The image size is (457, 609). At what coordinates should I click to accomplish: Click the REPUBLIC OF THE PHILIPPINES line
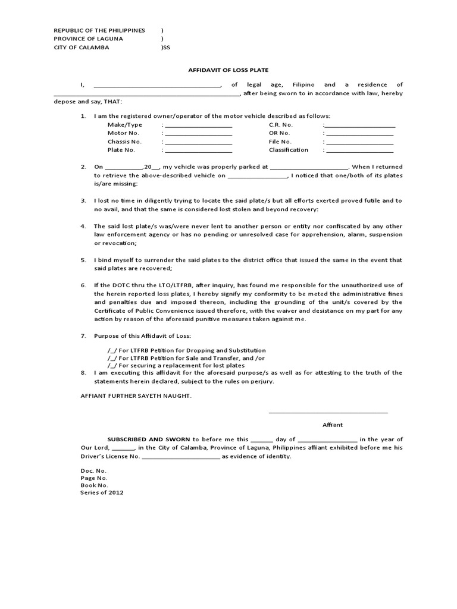pyautogui.click(x=99, y=30)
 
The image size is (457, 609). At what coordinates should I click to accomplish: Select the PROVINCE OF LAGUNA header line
pyautogui.click(x=89, y=39)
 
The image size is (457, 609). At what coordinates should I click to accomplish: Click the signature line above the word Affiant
pyautogui.click(x=328, y=412)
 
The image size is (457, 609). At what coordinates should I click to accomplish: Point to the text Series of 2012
pyautogui.click(x=102, y=492)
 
